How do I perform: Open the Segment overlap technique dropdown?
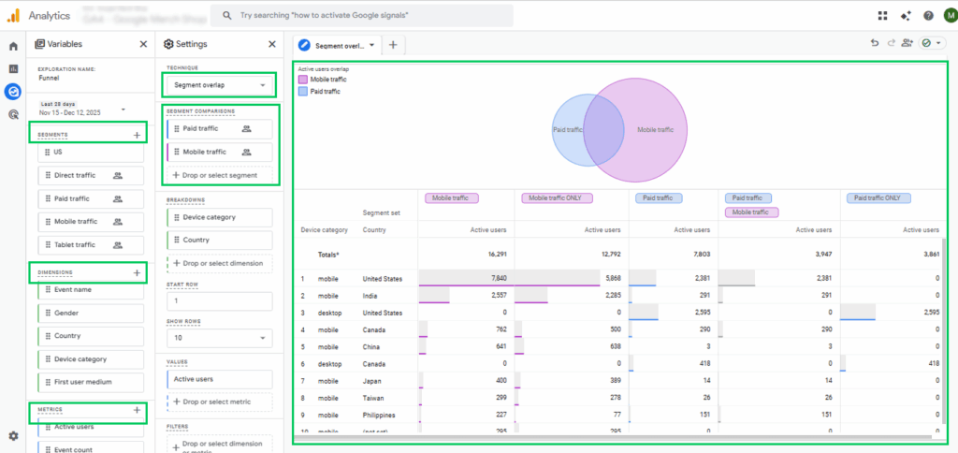click(x=220, y=85)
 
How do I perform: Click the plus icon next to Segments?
click(x=138, y=135)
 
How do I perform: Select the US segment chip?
click(x=90, y=152)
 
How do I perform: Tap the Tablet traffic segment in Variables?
click(x=90, y=245)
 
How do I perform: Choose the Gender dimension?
click(x=90, y=313)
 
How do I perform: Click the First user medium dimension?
click(x=90, y=382)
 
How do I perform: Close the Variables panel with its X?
click(x=143, y=44)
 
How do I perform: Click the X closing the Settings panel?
click(x=271, y=44)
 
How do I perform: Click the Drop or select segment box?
click(x=220, y=175)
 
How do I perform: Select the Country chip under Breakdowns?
click(x=220, y=240)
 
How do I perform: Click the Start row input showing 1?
click(x=220, y=301)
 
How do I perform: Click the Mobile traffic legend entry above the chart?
click(x=326, y=80)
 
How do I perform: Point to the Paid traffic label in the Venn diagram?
click(x=569, y=129)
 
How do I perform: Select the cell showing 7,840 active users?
click(x=492, y=278)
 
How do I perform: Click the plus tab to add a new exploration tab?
click(x=393, y=45)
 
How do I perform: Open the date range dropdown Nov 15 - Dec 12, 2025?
click(x=84, y=110)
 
